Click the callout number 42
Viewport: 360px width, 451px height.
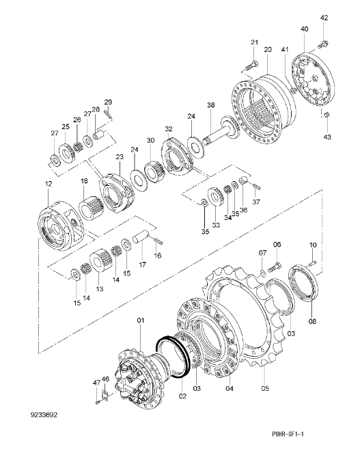point(324,18)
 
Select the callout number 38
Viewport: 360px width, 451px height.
point(211,105)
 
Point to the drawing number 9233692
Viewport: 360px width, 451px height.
point(44,415)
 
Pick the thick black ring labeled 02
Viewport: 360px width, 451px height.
point(172,356)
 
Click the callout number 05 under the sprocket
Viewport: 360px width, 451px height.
point(265,388)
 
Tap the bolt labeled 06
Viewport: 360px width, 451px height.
point(275,267)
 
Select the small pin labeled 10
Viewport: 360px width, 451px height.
point(312,263)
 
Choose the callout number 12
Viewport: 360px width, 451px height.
point(49,184)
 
